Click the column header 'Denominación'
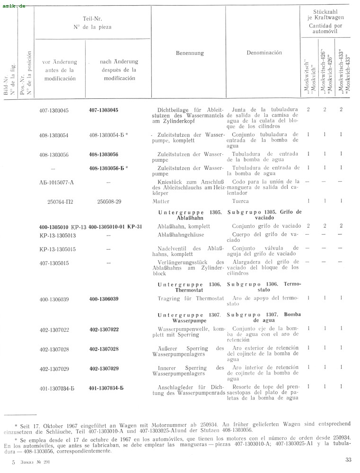pyautogui.click(x=264, y=53)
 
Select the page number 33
pyautogui.click(x=349, y=459)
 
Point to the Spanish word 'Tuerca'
pyautogui.click(x=241, y=201)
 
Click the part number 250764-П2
pyautogui.click(x=61, y=201)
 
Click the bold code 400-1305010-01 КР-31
pyautogui.click(x=115, y=226)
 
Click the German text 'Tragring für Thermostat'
pyautogui.click(x=190, y=298)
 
